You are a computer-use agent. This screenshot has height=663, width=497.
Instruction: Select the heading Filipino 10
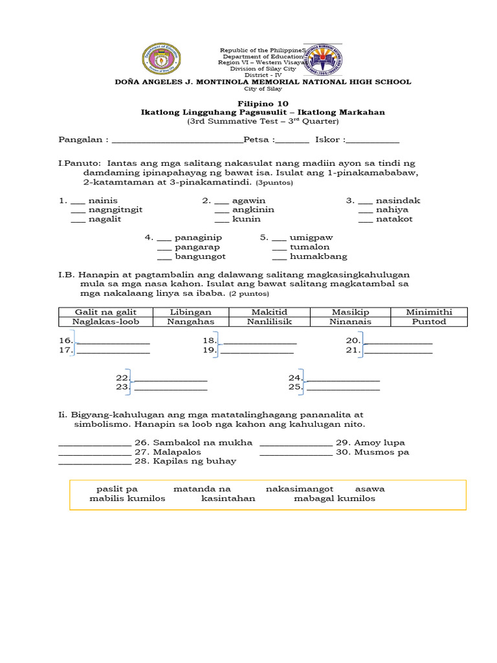tap(263, 103)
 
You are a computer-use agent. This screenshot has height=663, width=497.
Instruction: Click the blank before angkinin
tap(221, 210)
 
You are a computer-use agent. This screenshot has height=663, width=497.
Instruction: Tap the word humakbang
tap(318, 256)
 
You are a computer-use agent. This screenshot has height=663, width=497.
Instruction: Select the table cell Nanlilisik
tap(270, 321)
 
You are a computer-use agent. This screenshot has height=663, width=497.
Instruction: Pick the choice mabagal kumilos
tap(335, 499)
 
